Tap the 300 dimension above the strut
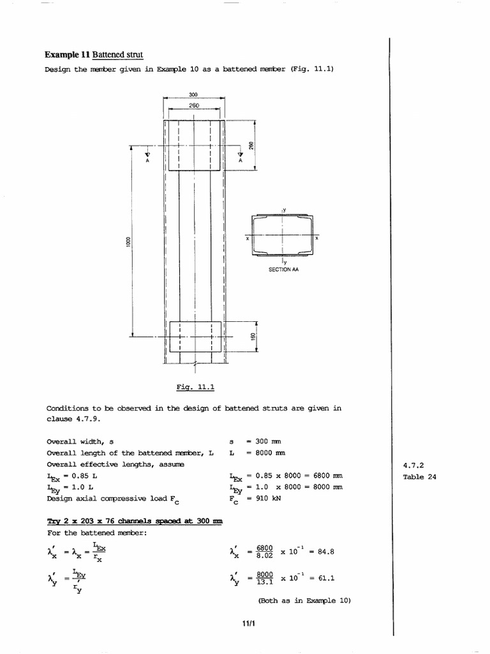[x=193, y=95]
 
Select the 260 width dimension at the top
[x=193, y=104]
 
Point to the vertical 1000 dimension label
[x=128, y=242]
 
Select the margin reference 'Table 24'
[x=419, y=476]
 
